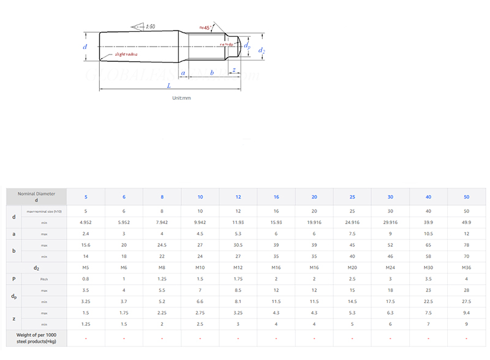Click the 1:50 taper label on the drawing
pos(150,27)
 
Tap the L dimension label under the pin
pos(169,87)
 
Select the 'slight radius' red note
pos(125,54)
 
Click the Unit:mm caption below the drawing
pos(182,98)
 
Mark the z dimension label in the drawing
pos(233,71)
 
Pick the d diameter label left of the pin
pos(85,47)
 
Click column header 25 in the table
pos(352,197)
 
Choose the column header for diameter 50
pos(467,197)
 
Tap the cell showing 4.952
pos(86,222)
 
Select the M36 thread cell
pos(467,268)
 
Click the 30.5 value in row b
pos(238,246)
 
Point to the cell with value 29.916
pos(390,222)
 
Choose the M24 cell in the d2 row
pos(390,268)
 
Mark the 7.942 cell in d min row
pos(162,222)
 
